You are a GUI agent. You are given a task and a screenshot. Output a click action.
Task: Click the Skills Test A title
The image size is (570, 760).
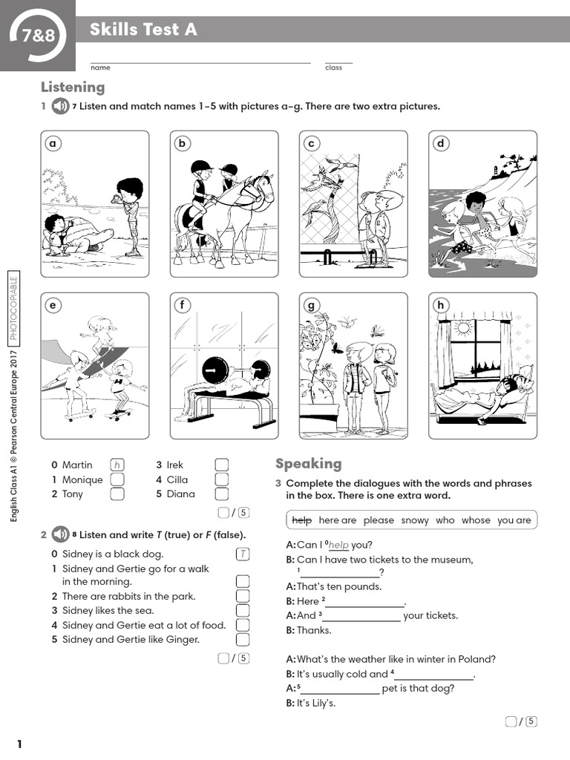click(143, 30)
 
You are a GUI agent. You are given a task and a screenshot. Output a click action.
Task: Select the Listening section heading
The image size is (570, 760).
click(73, 87)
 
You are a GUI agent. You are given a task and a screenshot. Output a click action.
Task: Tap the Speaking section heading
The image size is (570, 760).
click(309, 463)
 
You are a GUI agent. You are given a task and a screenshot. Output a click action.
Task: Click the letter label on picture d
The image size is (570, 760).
click(441, 144)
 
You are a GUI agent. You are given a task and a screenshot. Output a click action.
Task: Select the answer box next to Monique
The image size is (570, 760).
click(117, 479)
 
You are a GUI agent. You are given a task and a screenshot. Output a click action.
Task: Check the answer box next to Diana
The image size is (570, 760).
click(221, 494)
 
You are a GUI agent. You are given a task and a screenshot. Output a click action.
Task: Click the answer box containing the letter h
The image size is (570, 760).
click(117, 465)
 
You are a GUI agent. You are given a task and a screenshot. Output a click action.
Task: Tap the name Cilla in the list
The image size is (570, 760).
click(177, 479)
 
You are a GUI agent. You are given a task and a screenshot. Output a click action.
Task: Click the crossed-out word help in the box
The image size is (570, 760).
click(301, 520)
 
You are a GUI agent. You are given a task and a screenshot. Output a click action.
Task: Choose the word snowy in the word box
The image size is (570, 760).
click(415, 520)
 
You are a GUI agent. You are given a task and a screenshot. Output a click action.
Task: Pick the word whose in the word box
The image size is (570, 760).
click(476, 520)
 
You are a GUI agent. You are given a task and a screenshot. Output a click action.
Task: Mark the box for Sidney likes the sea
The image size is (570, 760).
click(243, 611)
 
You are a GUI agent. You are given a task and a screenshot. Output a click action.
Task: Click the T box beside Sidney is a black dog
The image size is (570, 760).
click(243, 554)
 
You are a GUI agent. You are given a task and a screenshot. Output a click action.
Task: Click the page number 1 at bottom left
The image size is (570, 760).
click(19, 744)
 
